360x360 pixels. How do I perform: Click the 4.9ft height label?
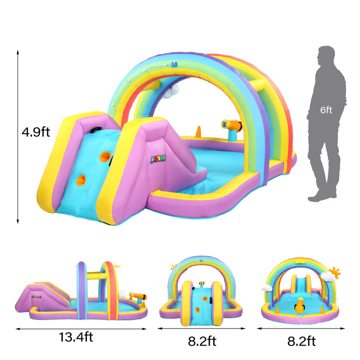(36, 132)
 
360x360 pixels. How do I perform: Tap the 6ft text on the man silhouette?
(326, 110)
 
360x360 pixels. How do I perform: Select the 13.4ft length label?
(76, 337)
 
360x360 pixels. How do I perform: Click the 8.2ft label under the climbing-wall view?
(202, 341)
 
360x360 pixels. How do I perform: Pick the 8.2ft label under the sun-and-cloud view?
(301, 341)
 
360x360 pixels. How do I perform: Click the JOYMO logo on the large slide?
(158, 159)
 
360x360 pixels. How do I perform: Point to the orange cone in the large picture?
(198, 132)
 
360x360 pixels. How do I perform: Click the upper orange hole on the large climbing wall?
(105, 157)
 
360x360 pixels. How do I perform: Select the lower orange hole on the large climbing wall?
(81, 180)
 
